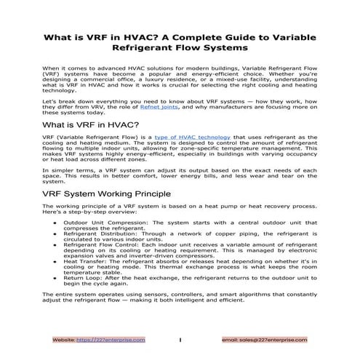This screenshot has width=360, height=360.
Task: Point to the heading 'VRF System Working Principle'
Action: point(106,194)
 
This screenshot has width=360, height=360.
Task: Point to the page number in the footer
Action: point(179,339)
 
